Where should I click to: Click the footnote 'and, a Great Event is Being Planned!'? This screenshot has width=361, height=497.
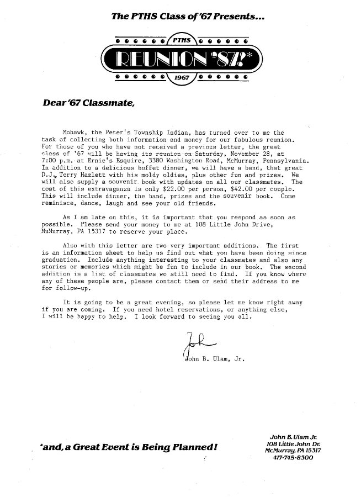[x=125, y=446]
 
